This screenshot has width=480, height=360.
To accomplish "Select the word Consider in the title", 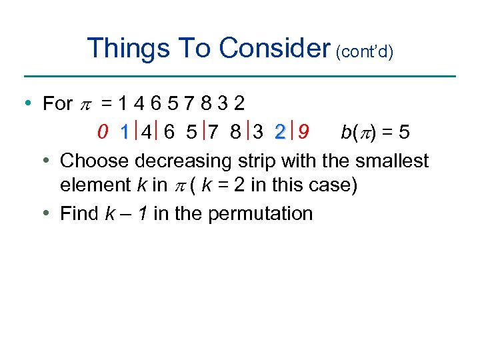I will click(x=275, y=48).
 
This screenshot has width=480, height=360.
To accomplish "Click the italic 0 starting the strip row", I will click(x=102, y=133).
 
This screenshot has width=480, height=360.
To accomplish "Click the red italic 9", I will click(x=303, y=133).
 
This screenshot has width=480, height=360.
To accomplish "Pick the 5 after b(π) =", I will click(x=403, y=133).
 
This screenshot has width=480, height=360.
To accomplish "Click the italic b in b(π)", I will click(x=345, y=133).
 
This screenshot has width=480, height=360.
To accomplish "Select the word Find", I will click(x=79, y=213).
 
